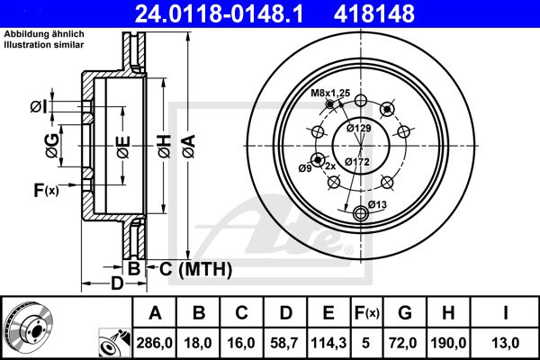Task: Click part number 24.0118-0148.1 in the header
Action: tap(219, 13)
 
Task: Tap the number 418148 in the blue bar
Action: tap(374, 13)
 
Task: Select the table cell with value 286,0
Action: tap(154, 343)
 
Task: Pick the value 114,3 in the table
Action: tap(328, 343)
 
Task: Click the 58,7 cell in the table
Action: tap(284, 343)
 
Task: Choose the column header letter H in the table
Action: tap(448, 313)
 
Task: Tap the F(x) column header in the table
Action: tap(367, 313)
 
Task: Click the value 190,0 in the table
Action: tap(448, 343)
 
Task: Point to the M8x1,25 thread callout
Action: tap(330, 93)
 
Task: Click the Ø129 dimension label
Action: tap(359, 128)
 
